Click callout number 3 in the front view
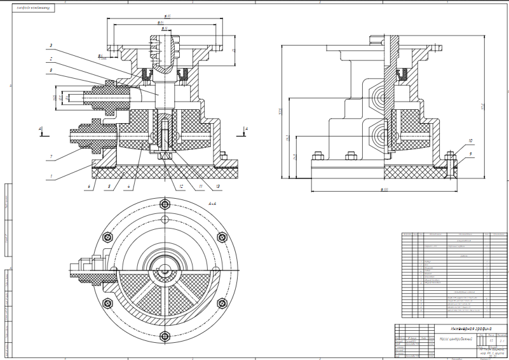51,46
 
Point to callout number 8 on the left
51,70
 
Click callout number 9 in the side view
471,154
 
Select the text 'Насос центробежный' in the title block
456,339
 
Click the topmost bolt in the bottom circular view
166,204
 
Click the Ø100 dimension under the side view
383,189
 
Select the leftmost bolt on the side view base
317,152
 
